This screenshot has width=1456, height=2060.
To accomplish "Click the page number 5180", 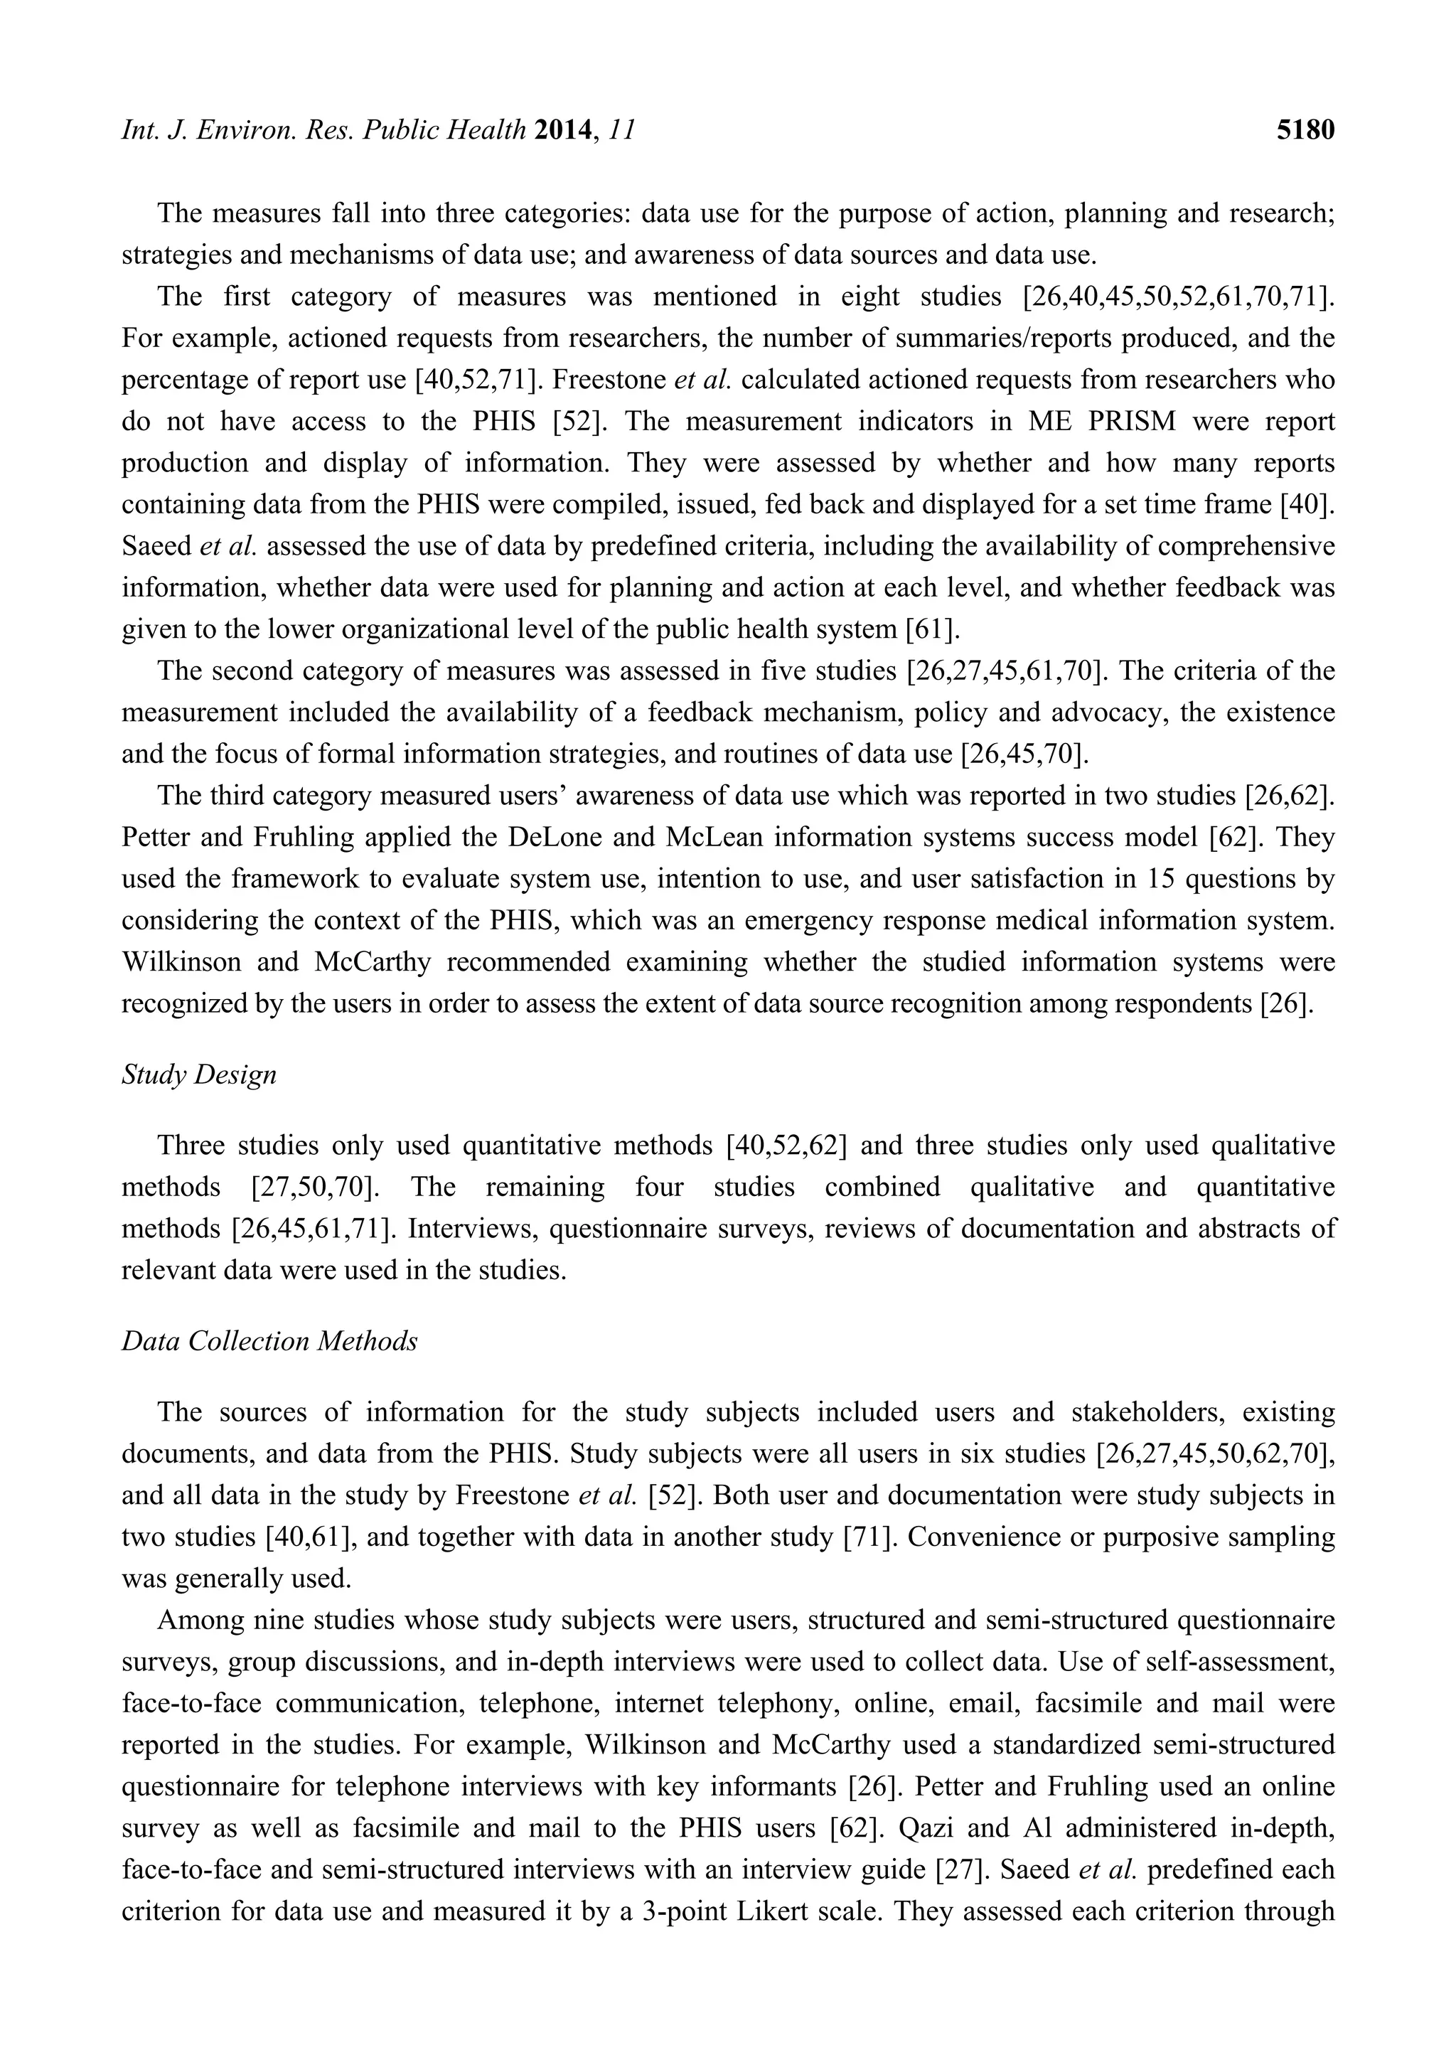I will [1305, 131].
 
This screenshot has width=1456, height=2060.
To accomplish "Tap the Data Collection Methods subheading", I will [270, 1340].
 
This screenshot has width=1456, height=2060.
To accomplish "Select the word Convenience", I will [1000, 1537].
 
